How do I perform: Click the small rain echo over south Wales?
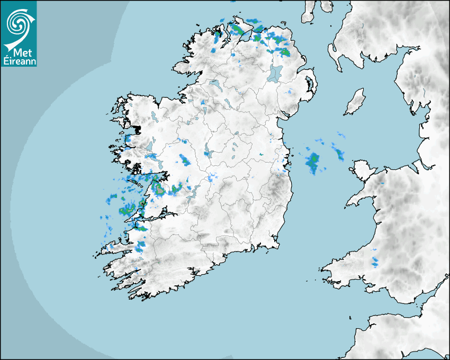pyautogui.click(x=375, y=261)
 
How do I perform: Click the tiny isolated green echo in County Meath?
pyautogui.click(x=260, y=154)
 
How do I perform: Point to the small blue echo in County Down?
pyautogui.click(x=289, y=92)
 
